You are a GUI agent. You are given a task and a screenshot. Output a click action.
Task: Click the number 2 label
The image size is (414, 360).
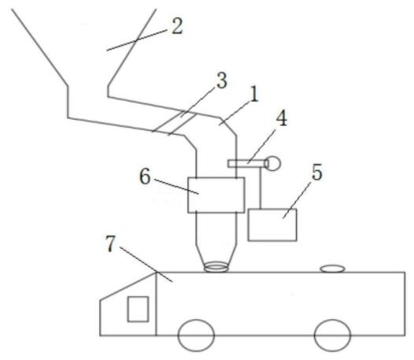(x=177, y=27)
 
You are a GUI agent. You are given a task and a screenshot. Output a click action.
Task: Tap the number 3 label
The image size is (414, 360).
(x=221, y=80)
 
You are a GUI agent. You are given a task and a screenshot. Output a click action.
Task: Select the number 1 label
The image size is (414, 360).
(x=254, y=95)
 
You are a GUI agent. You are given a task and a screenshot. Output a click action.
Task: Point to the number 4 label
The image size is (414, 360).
(x=282, y=119)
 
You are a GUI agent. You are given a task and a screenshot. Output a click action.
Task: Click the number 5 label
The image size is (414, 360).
(x=317, y=173)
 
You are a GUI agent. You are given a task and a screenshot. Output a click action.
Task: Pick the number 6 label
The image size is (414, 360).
(x=145, y=176)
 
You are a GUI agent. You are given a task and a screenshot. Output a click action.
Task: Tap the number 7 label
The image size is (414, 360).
(x=111, y=243)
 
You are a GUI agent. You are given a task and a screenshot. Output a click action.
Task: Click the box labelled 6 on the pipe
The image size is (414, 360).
(x=216, y=195)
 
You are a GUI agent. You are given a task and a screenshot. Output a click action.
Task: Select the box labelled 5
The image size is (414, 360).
(x=272, y=225)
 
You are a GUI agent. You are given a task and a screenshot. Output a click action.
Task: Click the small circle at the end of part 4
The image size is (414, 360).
(x=273, y=164)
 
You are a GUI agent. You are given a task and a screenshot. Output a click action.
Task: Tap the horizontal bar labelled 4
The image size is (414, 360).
(x=247, y=164)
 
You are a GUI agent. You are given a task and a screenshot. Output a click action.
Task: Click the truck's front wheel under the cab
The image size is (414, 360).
(x=196, y=335)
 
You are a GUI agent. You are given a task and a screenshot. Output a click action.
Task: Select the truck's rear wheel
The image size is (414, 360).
(x=332, y=335)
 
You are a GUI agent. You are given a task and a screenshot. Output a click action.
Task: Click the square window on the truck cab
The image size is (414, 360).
(x=138, y=309)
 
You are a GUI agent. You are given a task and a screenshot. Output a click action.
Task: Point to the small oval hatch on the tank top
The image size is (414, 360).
(x=333, y=269)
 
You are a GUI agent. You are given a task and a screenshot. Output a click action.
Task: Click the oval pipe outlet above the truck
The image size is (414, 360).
(x=216, y=267)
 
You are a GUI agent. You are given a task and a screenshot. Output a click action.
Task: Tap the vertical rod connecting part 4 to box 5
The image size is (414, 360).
(x=261, y=188)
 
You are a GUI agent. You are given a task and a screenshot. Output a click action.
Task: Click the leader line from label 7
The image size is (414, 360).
(x=146, y=265)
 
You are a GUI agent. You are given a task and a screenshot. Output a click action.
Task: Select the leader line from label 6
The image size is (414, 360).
(x=176, y=187)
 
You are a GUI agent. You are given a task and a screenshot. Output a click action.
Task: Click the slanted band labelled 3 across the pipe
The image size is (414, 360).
(x=174, y=124)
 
